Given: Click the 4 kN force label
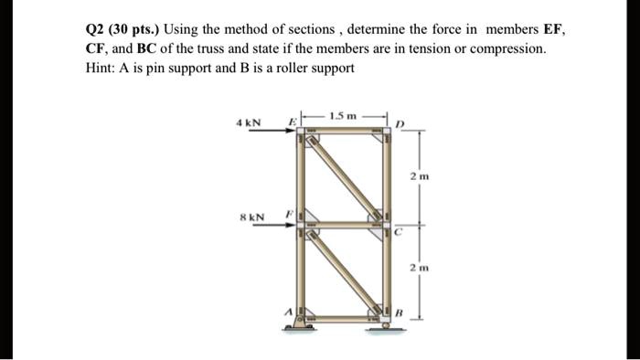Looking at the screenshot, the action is pyautogui.click(x=248, y=123).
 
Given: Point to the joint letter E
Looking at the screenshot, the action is pyautogui.click(x=293, y=122).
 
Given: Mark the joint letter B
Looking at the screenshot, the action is pyautogui.click(x=399, y=312).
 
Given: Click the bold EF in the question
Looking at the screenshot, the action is pyautogui.click(x=552, y=29).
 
